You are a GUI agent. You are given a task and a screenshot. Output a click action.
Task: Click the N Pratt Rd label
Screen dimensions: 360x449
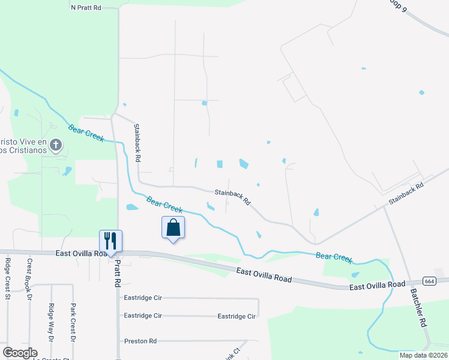point(86,8)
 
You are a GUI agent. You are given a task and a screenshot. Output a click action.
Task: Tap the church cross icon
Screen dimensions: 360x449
point(55,144)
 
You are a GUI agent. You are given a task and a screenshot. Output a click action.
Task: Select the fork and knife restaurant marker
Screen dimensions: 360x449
point(110,241)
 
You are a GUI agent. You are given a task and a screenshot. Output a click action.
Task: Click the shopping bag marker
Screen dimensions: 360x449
point(173,227)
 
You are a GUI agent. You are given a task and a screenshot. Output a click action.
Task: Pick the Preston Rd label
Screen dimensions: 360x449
point(140,341)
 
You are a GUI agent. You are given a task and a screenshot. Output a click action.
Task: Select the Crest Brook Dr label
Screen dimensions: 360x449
point(29,276)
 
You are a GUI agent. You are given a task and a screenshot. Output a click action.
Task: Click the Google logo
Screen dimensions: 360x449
point(20,353)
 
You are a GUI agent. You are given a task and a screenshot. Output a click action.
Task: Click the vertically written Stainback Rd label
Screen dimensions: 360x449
point(137,143)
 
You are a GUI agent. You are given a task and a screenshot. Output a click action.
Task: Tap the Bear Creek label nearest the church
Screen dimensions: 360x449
point(86,133)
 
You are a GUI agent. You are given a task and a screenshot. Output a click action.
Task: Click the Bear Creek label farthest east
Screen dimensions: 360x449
point(334,256)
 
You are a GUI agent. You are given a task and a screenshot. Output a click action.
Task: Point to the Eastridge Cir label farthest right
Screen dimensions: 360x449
point(237,316)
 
